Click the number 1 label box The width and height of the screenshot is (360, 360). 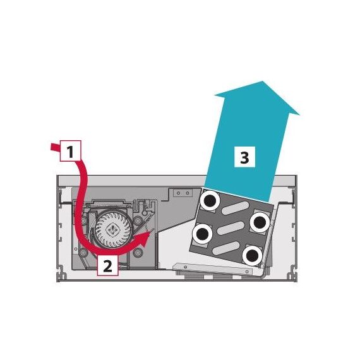coord(71,150)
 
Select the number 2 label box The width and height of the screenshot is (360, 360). coord(107,265)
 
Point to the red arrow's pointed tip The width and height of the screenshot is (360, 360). coord(150,232)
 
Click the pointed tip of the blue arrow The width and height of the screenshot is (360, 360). coord(262,81)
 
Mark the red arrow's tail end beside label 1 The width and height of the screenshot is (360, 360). coord(51,147)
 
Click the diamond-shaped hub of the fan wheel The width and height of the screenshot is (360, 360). coord(112,229)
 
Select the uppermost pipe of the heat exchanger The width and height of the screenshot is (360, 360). coord(210,201)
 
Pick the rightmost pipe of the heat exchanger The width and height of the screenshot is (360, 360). coord(260,222)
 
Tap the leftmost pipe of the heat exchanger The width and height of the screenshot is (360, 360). coord(203,234)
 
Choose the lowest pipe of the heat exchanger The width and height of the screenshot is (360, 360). coord(253,255)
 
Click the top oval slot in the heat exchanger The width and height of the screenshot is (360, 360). coord(236,207)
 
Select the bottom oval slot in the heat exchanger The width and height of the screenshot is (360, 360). coord(226,249)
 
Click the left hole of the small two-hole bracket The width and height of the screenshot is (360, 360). coord(178,193)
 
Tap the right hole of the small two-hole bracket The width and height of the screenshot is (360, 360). coord(188,193)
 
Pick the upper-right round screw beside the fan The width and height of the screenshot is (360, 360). coord(138,221)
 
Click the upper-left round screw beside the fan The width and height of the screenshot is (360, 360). coord(84,220)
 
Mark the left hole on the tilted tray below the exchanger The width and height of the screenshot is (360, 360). coord(185,267)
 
